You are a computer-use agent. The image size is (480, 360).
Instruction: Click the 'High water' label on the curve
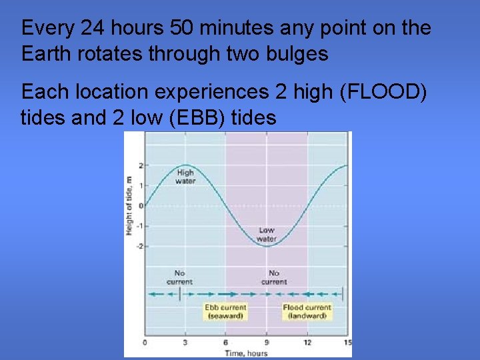(185, 177)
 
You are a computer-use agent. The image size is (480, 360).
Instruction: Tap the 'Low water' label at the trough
(267, 235)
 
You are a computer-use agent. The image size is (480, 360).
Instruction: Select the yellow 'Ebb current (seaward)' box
(225, 311)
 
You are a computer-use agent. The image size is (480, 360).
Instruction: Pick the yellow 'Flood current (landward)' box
(307, 311)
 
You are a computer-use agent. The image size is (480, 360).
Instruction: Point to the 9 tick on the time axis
(267, 343)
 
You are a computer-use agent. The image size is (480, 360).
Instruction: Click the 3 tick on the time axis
(185, 343)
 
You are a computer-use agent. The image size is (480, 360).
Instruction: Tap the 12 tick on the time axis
(307, 343)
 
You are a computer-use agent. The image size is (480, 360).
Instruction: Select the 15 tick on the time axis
(346, 343)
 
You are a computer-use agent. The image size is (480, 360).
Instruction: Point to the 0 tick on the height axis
(141, 206)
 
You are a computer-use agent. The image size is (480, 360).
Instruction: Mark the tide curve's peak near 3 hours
(185, 165)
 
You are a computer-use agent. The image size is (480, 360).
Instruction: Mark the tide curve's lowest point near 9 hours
(267, 246)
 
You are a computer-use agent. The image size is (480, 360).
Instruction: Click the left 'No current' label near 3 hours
(179, 277)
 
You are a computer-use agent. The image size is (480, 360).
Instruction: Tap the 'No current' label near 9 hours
(273, 277)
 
